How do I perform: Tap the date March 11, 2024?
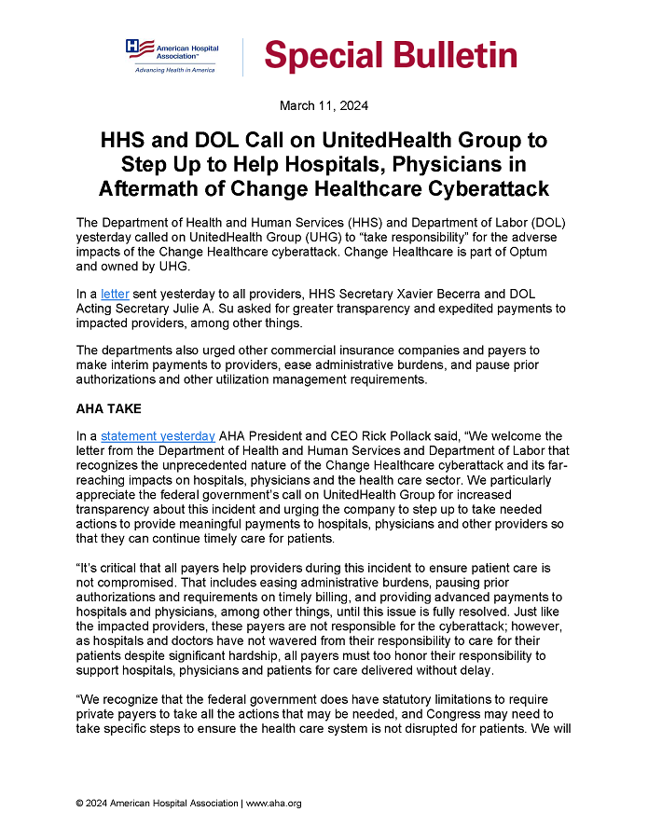324,106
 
